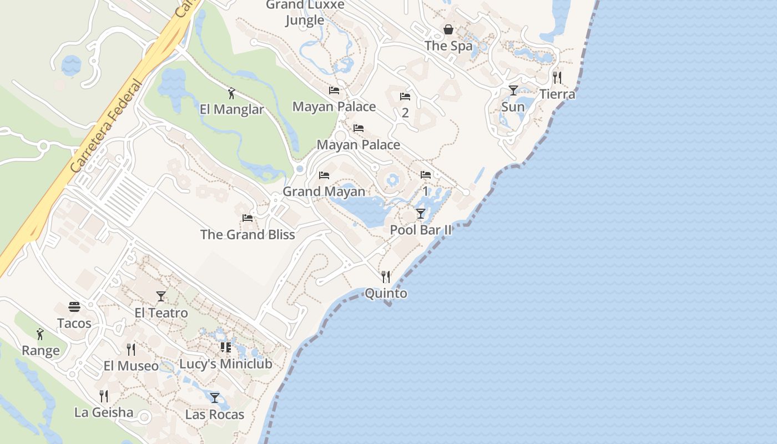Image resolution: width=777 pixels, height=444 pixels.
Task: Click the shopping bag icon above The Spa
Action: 448,29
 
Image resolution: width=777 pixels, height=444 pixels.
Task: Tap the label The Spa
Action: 448,46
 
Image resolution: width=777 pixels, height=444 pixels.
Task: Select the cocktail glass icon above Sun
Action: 513,90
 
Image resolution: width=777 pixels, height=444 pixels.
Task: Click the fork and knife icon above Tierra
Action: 557,77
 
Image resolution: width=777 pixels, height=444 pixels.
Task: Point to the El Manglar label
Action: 231,109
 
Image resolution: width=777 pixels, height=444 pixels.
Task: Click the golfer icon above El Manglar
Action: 231,93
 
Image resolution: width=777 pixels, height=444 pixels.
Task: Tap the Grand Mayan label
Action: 324,191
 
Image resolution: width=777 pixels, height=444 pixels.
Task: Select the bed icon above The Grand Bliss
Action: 248,218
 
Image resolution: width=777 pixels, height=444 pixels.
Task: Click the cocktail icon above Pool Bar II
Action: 421,213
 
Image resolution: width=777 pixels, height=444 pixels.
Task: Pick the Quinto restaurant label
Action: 386,294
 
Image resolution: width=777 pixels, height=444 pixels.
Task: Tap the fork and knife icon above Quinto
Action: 386,276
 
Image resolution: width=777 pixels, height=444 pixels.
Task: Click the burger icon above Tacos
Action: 74,307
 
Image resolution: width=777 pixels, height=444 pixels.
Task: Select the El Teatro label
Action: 161,313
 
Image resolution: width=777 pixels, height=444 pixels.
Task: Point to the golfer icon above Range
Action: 40,334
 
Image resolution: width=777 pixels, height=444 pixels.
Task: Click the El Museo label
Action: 131,366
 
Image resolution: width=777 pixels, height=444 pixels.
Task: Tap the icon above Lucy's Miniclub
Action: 225,347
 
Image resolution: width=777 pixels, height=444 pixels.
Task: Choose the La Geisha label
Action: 104,412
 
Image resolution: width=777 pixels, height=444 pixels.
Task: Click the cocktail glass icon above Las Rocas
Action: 215,397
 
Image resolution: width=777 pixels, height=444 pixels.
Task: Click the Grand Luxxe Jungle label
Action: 305,12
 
